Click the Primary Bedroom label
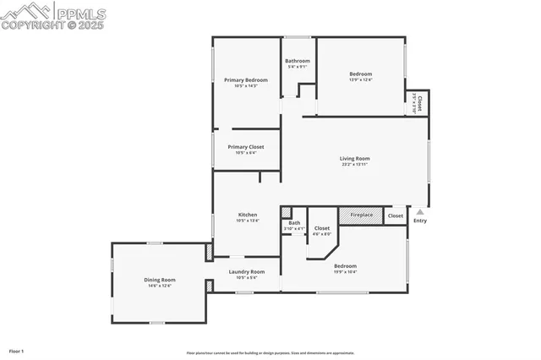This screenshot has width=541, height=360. coord(245,80)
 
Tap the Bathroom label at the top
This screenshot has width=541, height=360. coord(297,61)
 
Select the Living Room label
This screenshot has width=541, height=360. coord(355,158)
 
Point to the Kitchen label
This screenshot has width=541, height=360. coord(247,215)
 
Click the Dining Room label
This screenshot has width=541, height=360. coord(159,280)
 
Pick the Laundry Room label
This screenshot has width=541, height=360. coord(246,271)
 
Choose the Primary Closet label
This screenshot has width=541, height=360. coord(245,147)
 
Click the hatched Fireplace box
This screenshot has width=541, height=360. coord(362,215)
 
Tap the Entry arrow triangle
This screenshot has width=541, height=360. coord(420,212)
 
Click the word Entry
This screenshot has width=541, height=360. coord(420,221)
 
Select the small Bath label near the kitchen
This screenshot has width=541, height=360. coord(293,223)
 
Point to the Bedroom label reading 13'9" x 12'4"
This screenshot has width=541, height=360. coord(360,74)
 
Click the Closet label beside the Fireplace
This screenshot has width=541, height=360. coord(396,216)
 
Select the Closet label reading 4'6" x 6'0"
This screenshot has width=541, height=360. coord(321,228)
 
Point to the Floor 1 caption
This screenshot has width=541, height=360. coord(17,350)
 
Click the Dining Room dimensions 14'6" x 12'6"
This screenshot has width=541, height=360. coord(159,286)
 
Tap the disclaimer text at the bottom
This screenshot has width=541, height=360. coord(270,353)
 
